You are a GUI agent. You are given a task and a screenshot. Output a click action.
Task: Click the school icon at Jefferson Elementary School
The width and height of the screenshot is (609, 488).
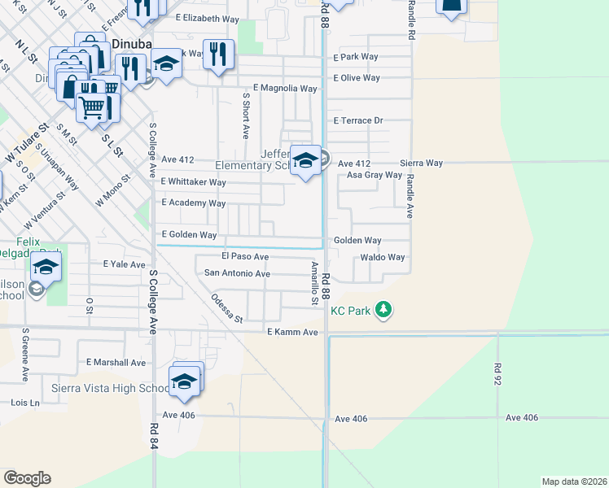point(305,160)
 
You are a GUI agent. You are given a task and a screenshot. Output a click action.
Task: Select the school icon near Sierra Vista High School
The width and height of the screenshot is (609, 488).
point(185,381)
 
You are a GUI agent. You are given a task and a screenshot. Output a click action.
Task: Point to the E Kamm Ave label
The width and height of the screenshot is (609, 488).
point(291,333)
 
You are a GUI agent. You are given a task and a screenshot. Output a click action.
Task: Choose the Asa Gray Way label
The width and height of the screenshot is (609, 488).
point(375,175)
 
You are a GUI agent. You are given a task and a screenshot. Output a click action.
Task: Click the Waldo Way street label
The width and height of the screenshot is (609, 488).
point(383,257)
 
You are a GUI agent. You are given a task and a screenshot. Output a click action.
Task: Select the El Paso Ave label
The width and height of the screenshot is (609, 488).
point(245,256)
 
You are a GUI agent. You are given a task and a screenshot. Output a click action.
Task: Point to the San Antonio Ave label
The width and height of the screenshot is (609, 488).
point(237,273)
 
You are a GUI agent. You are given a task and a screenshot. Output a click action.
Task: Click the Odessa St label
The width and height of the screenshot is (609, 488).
point(227,308)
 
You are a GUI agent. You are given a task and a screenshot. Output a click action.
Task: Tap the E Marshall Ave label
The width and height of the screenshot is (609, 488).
point(116,362)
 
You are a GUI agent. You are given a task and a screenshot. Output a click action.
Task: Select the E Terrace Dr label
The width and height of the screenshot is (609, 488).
point(358,120)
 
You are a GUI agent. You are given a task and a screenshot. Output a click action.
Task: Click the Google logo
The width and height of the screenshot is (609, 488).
point(27,478)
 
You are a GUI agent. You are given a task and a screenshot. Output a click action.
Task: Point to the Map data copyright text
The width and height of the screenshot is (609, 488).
point(574,481)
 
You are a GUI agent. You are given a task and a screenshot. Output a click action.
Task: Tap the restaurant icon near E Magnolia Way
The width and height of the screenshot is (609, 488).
point(217,54)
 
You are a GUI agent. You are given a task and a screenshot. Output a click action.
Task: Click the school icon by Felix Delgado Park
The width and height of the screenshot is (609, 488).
point(46,267)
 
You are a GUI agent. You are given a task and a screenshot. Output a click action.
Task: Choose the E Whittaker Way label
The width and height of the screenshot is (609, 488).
point(193,182)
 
